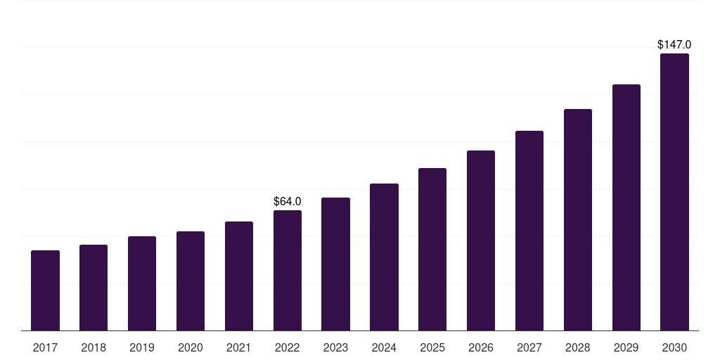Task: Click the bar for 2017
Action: click(x=45, y=290)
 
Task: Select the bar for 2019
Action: click(x=142, y=283)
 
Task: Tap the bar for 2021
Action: click(x=239, y=276)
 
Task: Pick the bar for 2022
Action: click(x=288, y=270)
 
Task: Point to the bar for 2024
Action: click(x=384, y=257)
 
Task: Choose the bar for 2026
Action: click(x=481, y=240)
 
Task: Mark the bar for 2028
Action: click(x=578, y=219)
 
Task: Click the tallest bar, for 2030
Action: click(x=674, y=192)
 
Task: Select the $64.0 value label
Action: click(x=288, y=202)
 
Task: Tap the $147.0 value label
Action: click(x=674, y=45)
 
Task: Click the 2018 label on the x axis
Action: click(x=94, y=347)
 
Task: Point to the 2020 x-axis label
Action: click(x=191, y=347)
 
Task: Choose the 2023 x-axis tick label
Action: click(x=335, y=347)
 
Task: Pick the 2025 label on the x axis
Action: click(x=432, y=347)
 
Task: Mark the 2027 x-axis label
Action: click(x=529, y=347)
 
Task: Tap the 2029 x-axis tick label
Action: click(x=626, y=347)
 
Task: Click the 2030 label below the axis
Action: click(x=674, y=347)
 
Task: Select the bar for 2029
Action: click(x=626, y=207)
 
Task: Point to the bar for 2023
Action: click(x=335, y=264)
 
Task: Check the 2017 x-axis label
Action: click(x=45, y=347)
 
